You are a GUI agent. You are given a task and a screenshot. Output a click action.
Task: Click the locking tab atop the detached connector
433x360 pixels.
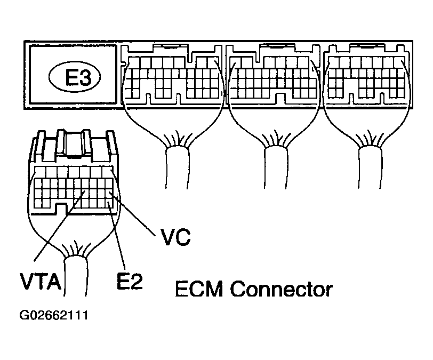tap(75, 141)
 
